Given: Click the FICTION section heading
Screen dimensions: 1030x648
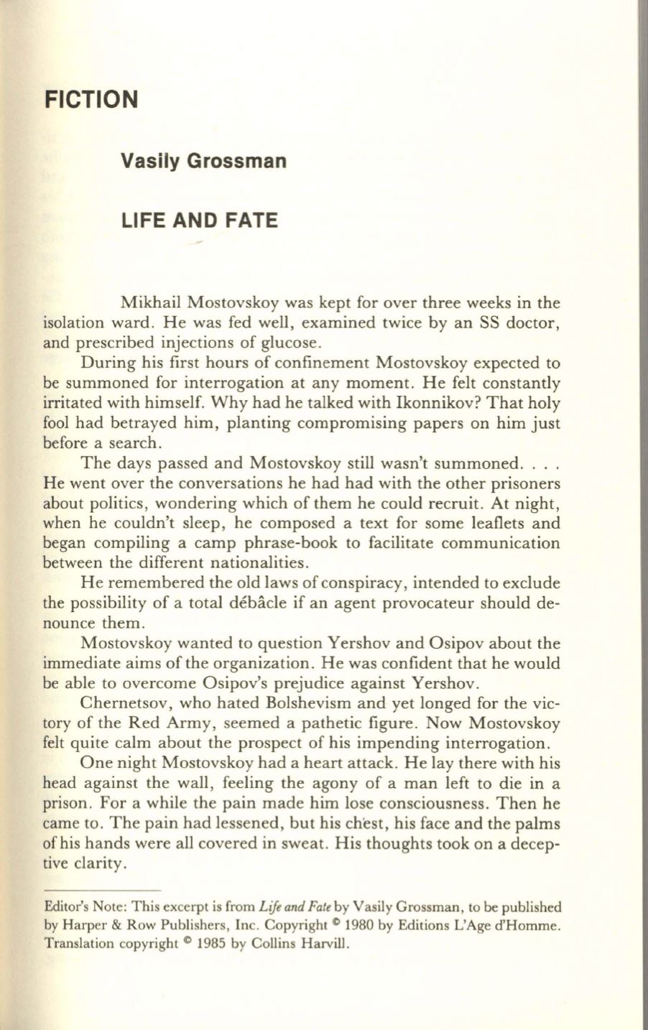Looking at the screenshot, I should coord(90,98).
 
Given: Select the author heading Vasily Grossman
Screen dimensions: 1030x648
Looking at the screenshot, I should coord(203,160).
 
